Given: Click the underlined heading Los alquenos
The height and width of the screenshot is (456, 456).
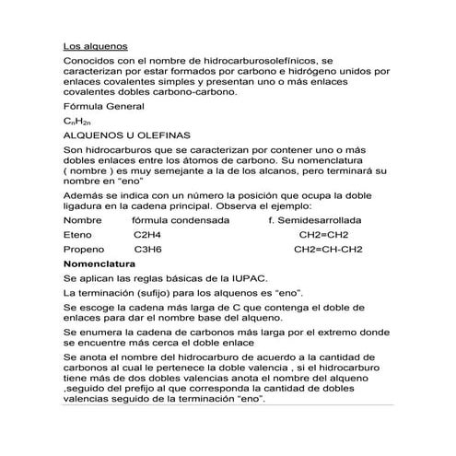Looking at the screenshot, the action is (x=95, y=45).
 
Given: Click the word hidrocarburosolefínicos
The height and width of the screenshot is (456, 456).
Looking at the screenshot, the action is (x=261, y=59).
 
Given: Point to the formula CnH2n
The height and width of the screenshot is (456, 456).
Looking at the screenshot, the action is (x=77, y=122).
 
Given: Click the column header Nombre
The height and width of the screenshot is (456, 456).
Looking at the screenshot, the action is (x=82, y=221).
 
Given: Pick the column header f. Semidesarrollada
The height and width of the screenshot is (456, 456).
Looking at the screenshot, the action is (x=314, y=221).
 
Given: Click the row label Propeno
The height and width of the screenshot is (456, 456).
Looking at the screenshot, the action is (x=83, y=250).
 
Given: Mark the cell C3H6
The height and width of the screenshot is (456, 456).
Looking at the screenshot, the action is (x=148, y=250).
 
